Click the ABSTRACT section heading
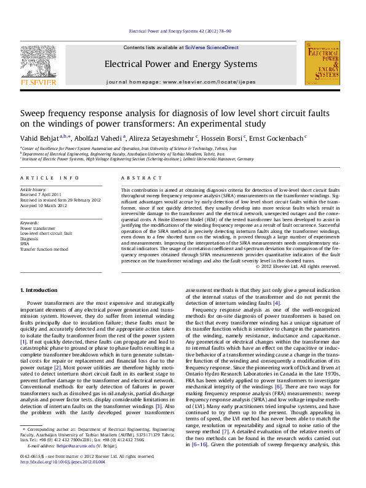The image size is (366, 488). (138, 178)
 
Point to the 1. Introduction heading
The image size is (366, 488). (42, 289)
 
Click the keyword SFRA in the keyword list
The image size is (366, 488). (25, 244)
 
